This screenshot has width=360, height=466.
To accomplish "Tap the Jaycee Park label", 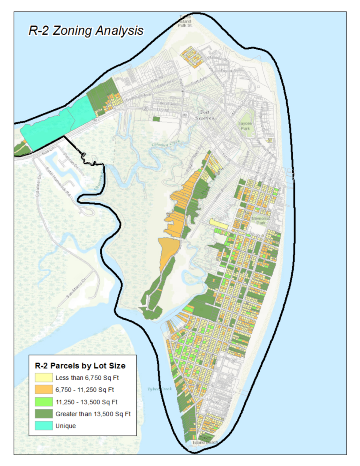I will (246, 126).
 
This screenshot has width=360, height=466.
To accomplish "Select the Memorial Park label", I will (261, 220).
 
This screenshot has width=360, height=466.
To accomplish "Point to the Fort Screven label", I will (207, 115).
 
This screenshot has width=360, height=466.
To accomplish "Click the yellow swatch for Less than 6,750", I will (45, 378).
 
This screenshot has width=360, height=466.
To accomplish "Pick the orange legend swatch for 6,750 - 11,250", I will (45, 390).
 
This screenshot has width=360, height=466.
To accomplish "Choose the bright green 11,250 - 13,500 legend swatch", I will (45, 402).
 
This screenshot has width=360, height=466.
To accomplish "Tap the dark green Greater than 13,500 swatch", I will (45, 414).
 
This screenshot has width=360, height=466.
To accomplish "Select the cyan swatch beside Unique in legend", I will (45, 426).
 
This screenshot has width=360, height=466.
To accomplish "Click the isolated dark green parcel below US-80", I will (156, 119).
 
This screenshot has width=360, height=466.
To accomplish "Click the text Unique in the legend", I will (66, 426).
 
